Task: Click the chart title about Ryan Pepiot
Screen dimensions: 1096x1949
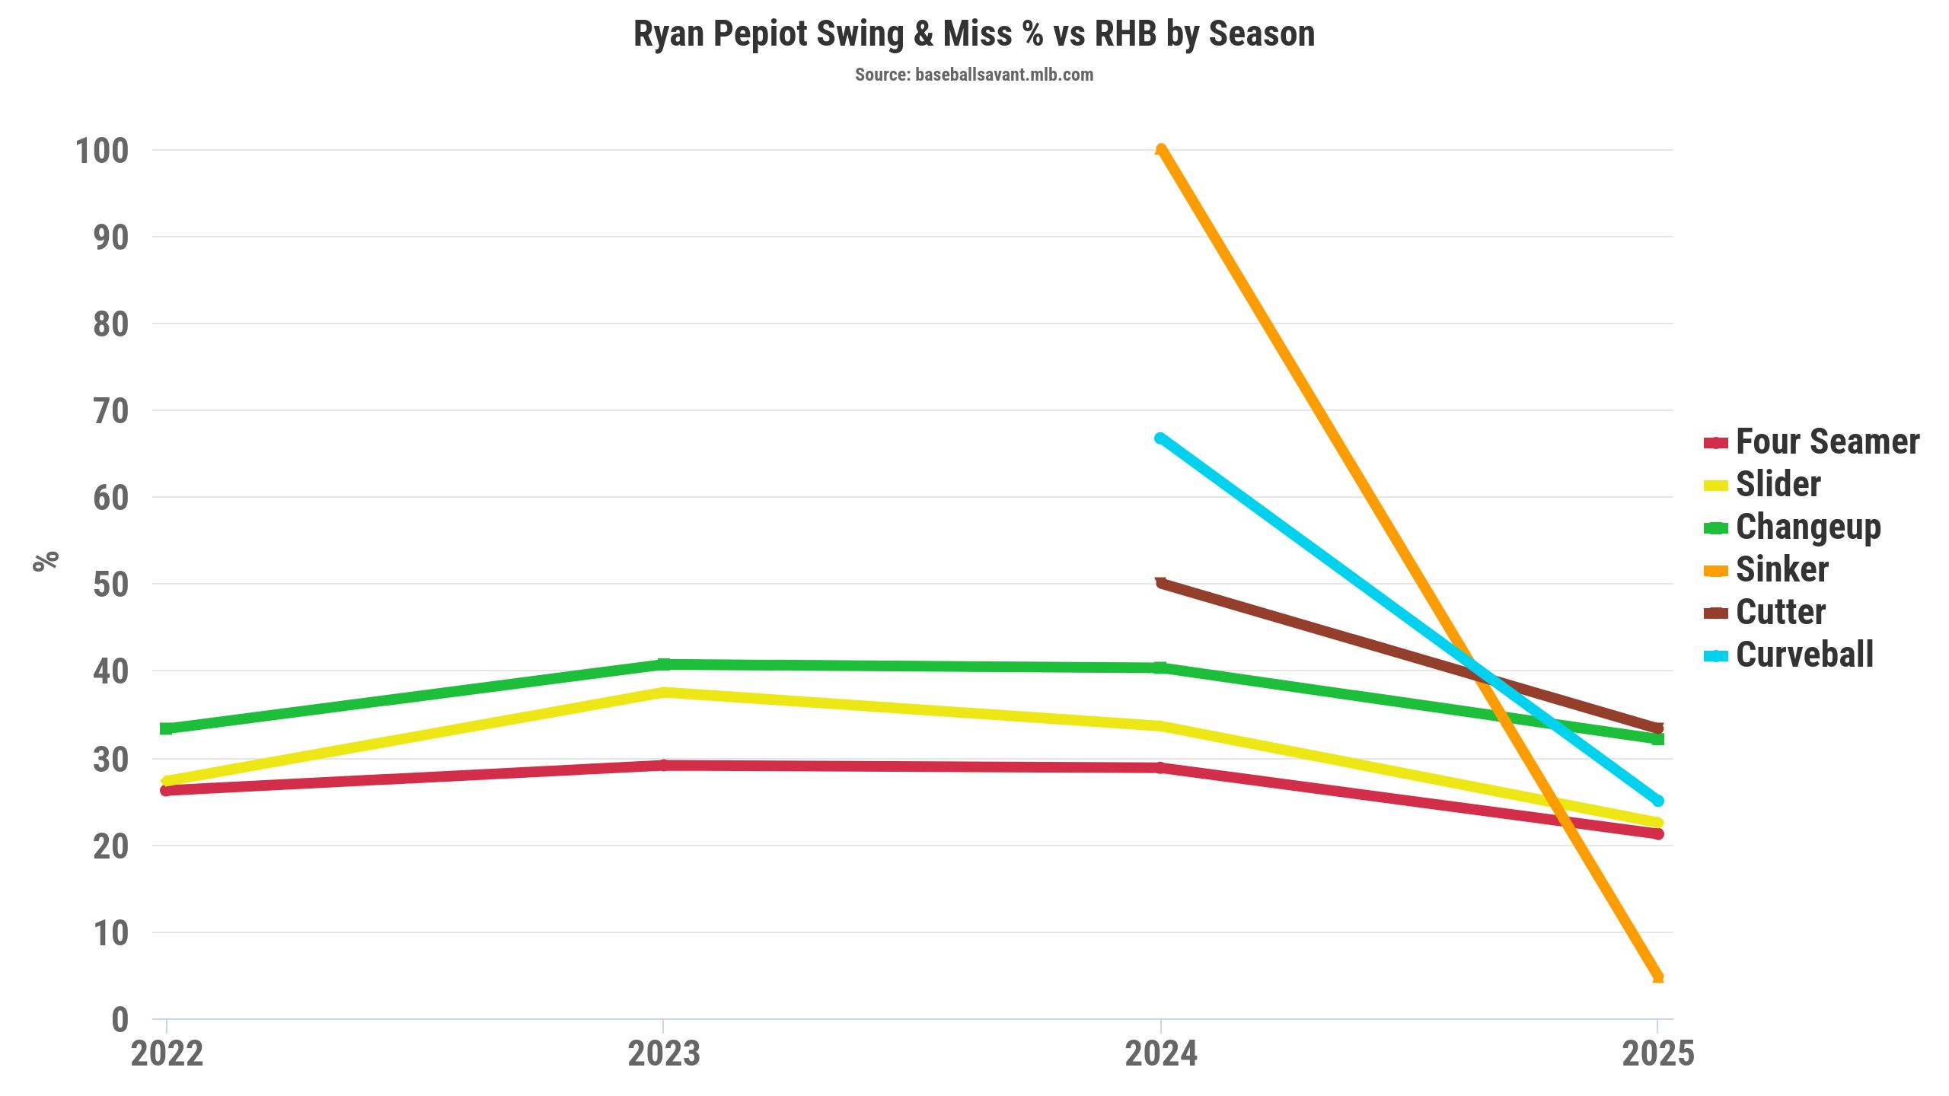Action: tap(974, 34)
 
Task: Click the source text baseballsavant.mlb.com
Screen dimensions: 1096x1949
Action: tap(974, 75)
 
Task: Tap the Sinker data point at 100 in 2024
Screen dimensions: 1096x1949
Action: tap(1160, 150)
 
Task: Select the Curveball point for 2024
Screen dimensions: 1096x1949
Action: tap(1160, 438)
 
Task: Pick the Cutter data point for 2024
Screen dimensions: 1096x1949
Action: tap(1160, 584)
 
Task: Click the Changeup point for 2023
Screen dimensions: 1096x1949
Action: tap(664, 664)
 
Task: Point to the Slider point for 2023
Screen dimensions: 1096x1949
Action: tap(664, 693)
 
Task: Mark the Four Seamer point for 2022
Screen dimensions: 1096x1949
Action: tap(167, 790)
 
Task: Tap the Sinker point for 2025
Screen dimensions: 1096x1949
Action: tap(1657, 977)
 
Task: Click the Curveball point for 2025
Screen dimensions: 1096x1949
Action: tap(1657, 801)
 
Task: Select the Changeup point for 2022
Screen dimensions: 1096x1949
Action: tap(167, 728)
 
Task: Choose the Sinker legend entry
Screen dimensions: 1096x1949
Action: tap(1782, 570)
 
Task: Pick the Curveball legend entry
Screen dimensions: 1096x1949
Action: tap(1804, 655)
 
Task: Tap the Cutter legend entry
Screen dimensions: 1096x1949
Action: tap(1780, 613)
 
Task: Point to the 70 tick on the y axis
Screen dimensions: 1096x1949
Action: tap(111, 411)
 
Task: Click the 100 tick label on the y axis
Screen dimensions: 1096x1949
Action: tap(102, 151)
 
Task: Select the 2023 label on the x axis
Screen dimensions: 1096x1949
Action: tap(664, 1054)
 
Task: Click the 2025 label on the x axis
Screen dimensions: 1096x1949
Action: tap(1657, 1054)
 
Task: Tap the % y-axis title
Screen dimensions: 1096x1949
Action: tap(46, 561)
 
